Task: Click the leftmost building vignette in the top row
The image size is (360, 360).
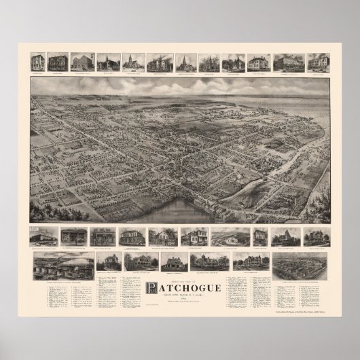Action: tap(39, 62)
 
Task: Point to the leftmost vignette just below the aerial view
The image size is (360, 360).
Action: tap(43, 236)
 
